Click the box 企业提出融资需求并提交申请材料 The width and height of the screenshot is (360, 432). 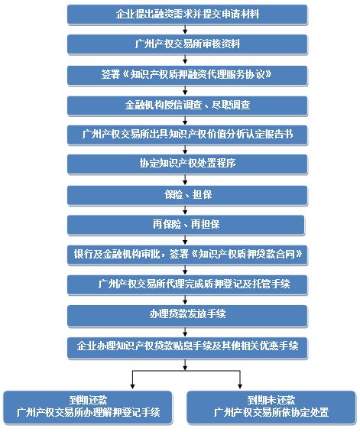coord(187,15)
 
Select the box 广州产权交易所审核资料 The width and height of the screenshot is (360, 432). coord(187,44)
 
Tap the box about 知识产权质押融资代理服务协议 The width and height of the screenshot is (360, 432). coord(187,75)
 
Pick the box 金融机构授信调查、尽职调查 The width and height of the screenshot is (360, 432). coord(187,106)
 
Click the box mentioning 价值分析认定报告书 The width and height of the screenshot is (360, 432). coord(187,135)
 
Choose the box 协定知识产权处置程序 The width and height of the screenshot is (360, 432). coord(187,164)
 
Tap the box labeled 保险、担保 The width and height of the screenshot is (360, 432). coord(187,195)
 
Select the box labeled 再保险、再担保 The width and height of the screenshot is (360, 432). coord(186,225)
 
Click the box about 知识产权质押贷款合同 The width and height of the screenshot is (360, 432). coord(187,255)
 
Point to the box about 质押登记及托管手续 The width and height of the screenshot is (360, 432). coord(187,284)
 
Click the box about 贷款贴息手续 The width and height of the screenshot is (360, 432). coord(187,347)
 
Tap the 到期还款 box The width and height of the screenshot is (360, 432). coord(88,407)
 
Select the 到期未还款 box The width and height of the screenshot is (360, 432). coord(271,407)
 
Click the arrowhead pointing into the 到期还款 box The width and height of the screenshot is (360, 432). coord(132,387)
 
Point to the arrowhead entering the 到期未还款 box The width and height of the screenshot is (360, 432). coord(240,387)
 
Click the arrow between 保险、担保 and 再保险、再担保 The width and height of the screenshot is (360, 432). coord(185,210)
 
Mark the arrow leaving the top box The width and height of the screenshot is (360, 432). coord(185,29)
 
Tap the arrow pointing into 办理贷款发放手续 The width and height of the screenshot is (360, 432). coord(185,300)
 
